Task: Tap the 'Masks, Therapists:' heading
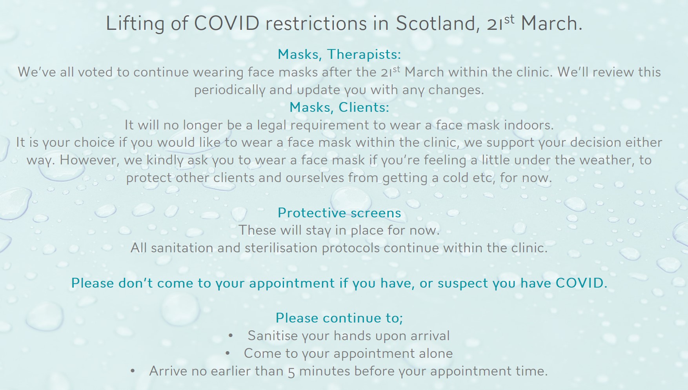point(339,54)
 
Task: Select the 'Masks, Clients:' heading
point(339,107)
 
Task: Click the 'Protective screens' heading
point(339,213)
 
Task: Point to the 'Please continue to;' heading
point(339,318)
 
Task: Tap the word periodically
point(229,90)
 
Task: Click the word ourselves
point(315,178)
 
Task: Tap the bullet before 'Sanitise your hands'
point(231,336)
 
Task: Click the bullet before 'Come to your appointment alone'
point(228,354)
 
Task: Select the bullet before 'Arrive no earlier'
point(133,371)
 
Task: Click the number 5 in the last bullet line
point(291,372)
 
